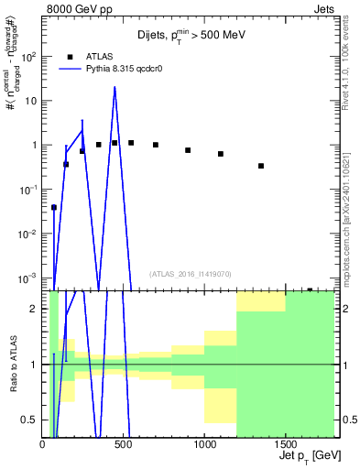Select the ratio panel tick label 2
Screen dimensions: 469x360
point(36,309)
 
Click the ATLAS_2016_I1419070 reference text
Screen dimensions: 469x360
point(191,273)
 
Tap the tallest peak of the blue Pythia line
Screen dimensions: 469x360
point(115,88)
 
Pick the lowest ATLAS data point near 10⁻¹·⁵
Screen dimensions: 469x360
point(54,207)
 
